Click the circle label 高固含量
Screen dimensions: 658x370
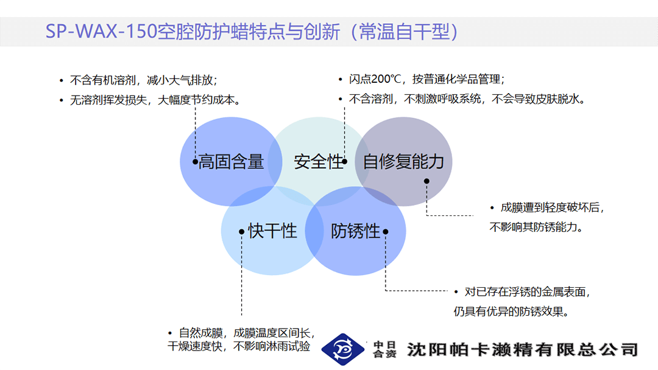(x=232, y=162)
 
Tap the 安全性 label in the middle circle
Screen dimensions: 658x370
(x=318, y=162)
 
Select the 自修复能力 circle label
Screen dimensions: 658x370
(x=403, y=162)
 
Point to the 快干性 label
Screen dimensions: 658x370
(x=272, y=231)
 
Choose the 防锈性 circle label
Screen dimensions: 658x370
(x=355, y=231)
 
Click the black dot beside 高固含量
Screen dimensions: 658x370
(x=195, y=161)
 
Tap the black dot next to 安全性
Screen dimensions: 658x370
(x=344, y=161)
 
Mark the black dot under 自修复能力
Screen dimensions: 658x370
(x=426, y=181)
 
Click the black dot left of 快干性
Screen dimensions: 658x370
(x=241, y=231)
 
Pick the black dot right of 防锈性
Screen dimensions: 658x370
(x=385, y=231)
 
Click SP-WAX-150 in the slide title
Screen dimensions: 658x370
(x=101, y=32)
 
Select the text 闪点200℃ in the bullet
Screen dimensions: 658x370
(x=375, y=79)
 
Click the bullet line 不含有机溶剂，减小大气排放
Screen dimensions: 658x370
(x=143, y=80)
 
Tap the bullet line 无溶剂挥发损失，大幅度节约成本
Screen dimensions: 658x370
(x=155, y=100)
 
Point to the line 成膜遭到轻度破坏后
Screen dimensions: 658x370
(x=552, y=208)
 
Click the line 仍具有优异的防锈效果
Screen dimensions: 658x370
(x=511, y=312)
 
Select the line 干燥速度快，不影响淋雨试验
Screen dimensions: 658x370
(x=239, y=346)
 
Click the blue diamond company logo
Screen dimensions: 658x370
(x=343, y=349)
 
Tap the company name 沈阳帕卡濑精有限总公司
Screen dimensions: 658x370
(x=523, y=349)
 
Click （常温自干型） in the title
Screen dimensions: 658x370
(x=405, y=32)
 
